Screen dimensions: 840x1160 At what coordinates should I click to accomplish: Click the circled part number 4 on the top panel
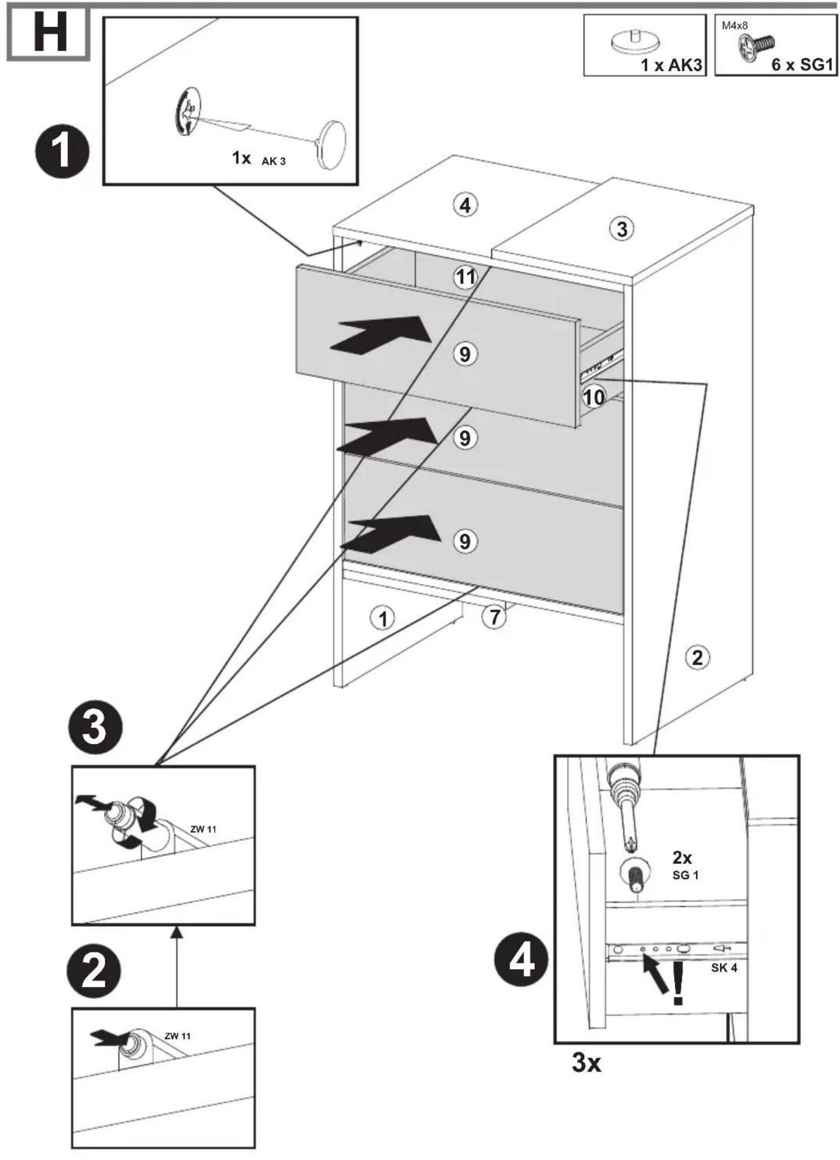point(465,205)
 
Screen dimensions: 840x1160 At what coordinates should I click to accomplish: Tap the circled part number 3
point(622,229)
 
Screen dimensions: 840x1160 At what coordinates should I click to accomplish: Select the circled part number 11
point(466,277)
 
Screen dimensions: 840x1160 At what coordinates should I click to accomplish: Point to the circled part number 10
point(594,397)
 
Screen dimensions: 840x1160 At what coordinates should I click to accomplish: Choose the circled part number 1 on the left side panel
point(383,618)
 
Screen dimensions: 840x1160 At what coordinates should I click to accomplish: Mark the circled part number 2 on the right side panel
point(697,658)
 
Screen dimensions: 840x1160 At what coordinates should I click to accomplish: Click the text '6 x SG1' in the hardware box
point(802,65)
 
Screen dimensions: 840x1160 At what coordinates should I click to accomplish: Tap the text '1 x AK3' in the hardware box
point(671,65)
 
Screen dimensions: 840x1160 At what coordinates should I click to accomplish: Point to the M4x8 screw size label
point(735,26)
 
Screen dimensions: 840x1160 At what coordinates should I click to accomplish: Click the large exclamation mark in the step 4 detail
point(678,983)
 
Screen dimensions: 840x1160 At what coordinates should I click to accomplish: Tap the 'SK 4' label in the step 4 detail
point(724,968)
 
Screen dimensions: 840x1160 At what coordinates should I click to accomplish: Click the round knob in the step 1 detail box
point(333,144)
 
